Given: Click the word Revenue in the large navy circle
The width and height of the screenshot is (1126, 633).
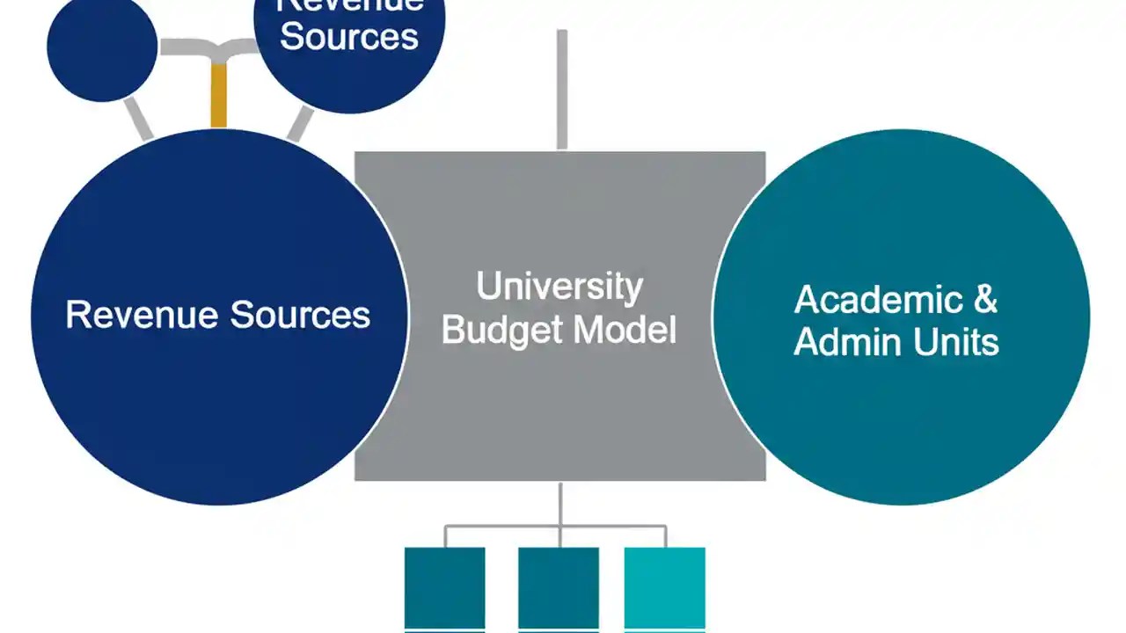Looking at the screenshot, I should tap(141, 315).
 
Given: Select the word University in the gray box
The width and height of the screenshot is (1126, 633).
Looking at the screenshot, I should tap(559, 287).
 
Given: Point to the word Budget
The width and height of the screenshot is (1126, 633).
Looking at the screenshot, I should tap(500, 331).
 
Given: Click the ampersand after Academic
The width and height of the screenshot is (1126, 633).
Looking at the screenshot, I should tap(985, 300).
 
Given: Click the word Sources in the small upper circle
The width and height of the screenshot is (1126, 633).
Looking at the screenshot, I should tap(349, 37).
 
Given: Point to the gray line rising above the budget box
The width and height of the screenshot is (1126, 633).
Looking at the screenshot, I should tap(562, 88).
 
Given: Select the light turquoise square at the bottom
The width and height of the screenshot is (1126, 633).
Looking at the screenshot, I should tap(665, 587).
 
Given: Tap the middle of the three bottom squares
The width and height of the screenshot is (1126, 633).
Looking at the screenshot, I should tap(559, 587).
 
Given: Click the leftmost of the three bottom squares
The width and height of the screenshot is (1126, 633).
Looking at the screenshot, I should tap(444, 587).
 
